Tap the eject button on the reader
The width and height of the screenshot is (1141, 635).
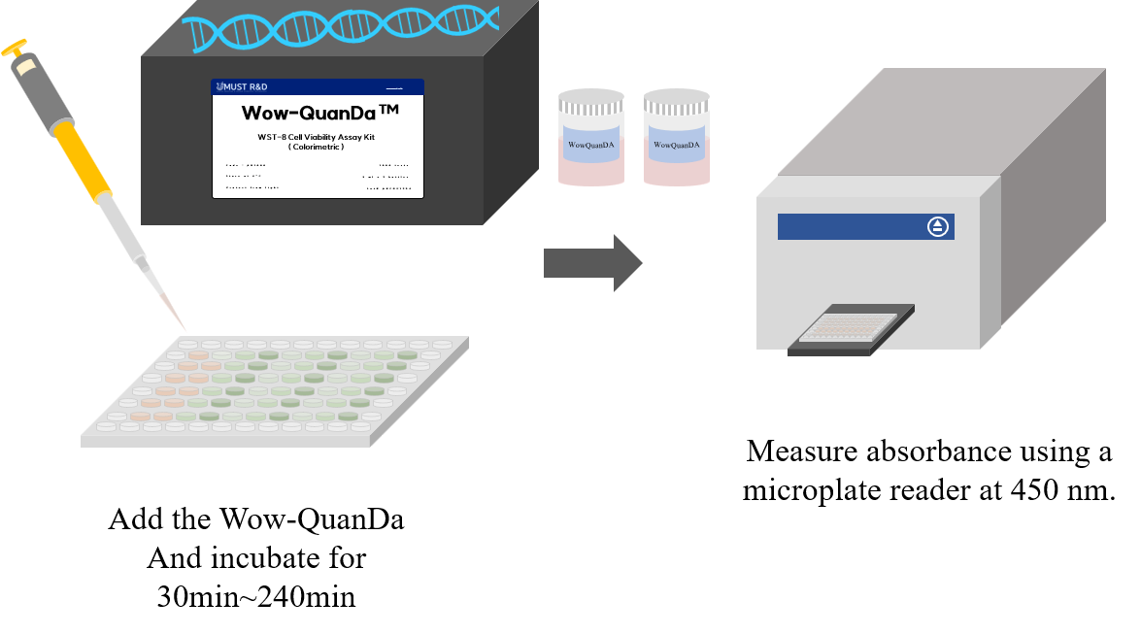point(937,226)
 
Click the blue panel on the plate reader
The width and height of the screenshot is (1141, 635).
point(855,226)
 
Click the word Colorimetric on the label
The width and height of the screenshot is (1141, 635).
point(317,147)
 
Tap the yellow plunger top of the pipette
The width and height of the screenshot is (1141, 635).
point(14,46)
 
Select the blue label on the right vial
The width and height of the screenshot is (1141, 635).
point(677,144)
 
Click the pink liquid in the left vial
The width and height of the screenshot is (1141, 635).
point(590,170)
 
